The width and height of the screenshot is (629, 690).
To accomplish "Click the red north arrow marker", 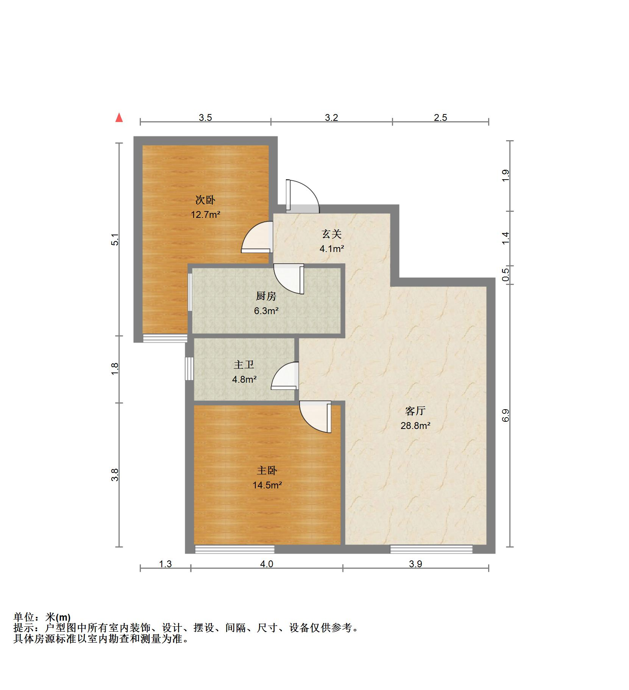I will (119, 118).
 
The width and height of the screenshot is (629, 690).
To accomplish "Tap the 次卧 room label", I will (205, 200).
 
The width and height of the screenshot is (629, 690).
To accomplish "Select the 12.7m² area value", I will (205, 215).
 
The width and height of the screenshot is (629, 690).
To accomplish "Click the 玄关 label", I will (332, 234).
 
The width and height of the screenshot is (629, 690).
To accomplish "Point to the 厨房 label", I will (266, 296).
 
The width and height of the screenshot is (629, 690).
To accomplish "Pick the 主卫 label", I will (244, 365).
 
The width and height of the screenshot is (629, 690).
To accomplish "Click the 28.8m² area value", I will (415, 426).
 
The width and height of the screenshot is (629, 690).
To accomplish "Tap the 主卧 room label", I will (267, 470).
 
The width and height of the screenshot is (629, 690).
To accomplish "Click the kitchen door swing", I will (289, 279).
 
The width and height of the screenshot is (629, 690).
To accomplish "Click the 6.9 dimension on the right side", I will (506, 415).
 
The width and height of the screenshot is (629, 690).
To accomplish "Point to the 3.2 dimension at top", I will (331, 117).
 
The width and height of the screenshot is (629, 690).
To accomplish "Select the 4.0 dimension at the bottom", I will (267, 564).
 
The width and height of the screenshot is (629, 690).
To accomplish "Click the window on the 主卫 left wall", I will (189, 368).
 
